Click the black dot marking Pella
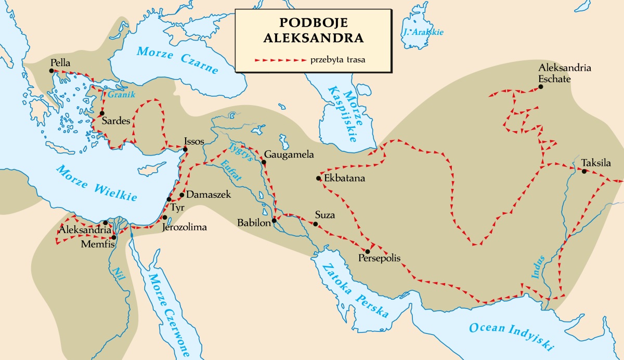53,71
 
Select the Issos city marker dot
185,150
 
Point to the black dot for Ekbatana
318,178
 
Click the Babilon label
253,223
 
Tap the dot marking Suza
316,224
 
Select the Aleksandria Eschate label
565,74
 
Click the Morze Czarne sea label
178,60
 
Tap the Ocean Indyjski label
512,336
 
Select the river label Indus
539,268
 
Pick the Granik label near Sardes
118,95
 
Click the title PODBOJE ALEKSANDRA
312,31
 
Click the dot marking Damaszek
181,195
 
